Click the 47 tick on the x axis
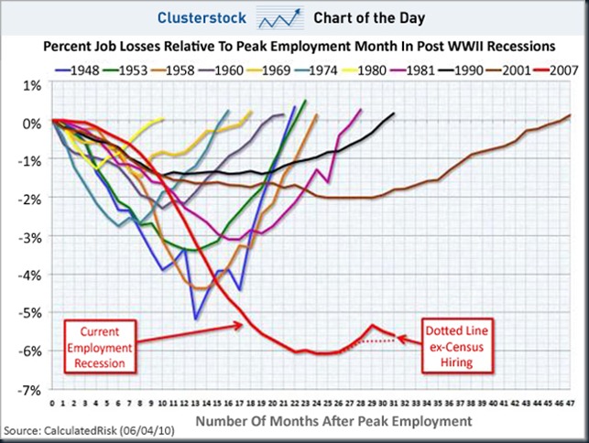point(570,403)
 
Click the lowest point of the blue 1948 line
point(196,319)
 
